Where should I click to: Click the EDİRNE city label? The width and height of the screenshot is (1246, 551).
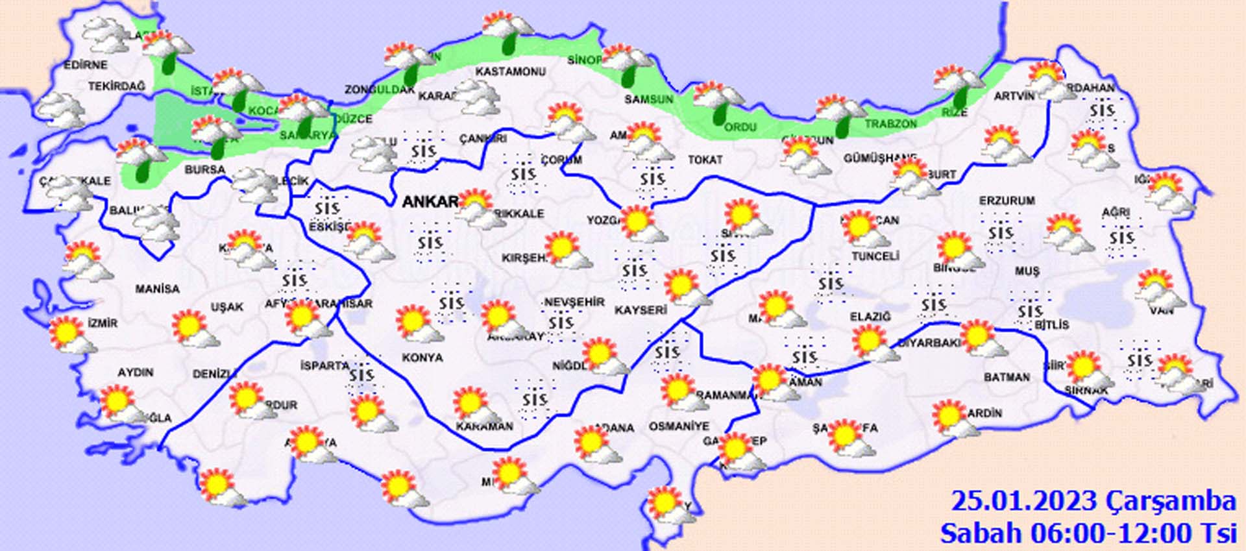point(86,65)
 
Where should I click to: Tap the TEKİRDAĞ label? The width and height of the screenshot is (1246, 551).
point(117,86)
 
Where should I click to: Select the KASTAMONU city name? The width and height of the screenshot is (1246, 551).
point(510,71)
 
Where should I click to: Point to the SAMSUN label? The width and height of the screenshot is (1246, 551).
point(648,99)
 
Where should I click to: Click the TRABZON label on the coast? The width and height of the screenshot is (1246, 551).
point(890,123)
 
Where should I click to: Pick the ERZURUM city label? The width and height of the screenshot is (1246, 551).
point(1007,201)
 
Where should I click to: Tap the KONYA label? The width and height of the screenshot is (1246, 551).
point(422,358)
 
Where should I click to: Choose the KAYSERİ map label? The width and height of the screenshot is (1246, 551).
point(641,311)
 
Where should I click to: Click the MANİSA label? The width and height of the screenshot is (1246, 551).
point(157,288)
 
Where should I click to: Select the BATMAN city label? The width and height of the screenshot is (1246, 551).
point(1007,377)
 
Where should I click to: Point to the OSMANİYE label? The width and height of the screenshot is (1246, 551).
point(679,426)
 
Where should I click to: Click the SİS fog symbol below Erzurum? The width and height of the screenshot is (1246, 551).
point(1001,233)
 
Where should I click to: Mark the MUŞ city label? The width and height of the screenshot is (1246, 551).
point(1027,271)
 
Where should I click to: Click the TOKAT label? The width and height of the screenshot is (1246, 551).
point(705,160)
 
